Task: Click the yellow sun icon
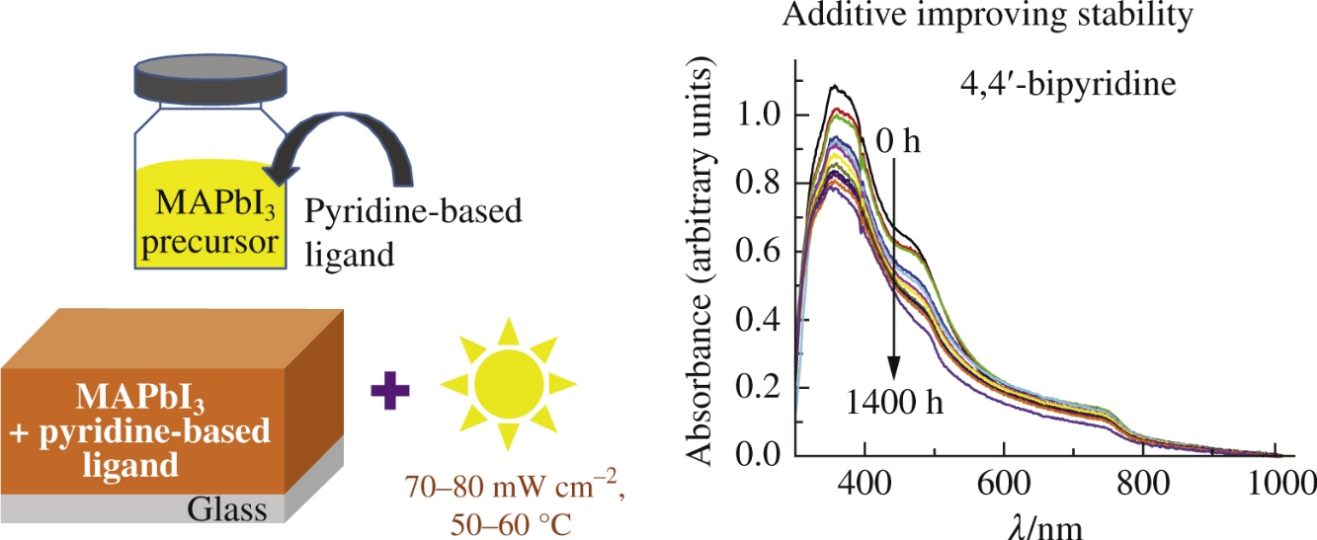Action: pyautogui.click(x=508, y=382)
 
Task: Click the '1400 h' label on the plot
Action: pyautogui.click(x=894, y=403)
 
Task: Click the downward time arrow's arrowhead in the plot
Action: pyautogui.click(x=894, y=370)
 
